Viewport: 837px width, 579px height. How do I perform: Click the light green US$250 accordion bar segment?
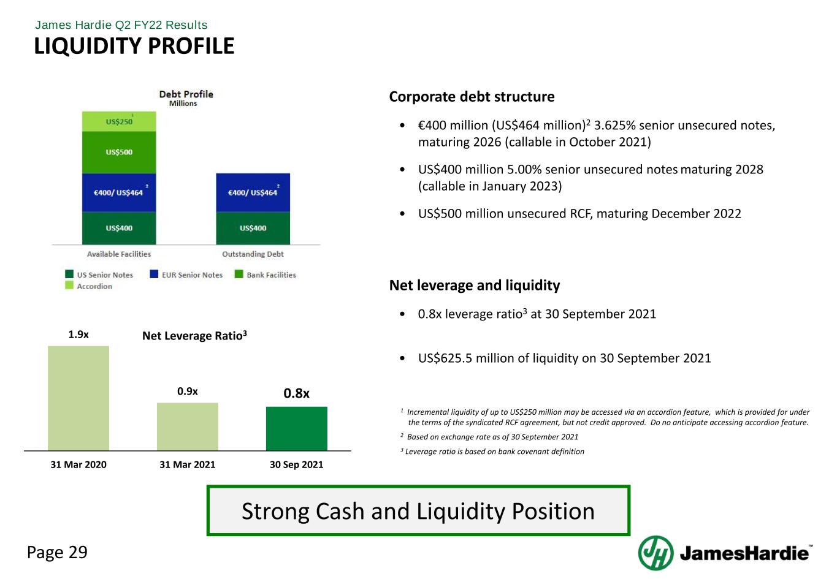119,121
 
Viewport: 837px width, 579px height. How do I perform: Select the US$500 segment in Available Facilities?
119,153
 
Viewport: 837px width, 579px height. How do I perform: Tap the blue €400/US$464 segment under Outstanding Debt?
253,192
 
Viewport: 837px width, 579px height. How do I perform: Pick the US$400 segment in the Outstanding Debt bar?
253,228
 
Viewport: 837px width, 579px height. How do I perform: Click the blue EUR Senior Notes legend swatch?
154,274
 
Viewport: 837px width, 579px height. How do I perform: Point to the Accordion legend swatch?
69,285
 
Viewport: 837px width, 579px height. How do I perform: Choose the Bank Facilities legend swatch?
239,274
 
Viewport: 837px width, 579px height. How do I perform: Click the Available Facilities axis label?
119,254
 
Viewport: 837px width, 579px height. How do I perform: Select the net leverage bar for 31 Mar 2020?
78,398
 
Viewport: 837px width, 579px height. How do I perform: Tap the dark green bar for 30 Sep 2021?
297,428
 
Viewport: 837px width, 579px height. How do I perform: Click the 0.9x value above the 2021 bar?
188,392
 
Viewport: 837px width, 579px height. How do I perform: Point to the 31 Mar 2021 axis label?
188,464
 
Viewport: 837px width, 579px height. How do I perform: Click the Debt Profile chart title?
186,94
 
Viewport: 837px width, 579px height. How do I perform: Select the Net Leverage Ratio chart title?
194,336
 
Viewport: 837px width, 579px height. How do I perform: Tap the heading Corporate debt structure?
472,97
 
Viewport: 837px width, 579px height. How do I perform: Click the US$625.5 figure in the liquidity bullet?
445,358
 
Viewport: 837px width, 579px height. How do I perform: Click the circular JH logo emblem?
655,553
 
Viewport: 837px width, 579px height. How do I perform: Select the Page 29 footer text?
57,552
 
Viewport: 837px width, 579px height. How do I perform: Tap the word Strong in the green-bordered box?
275,511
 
